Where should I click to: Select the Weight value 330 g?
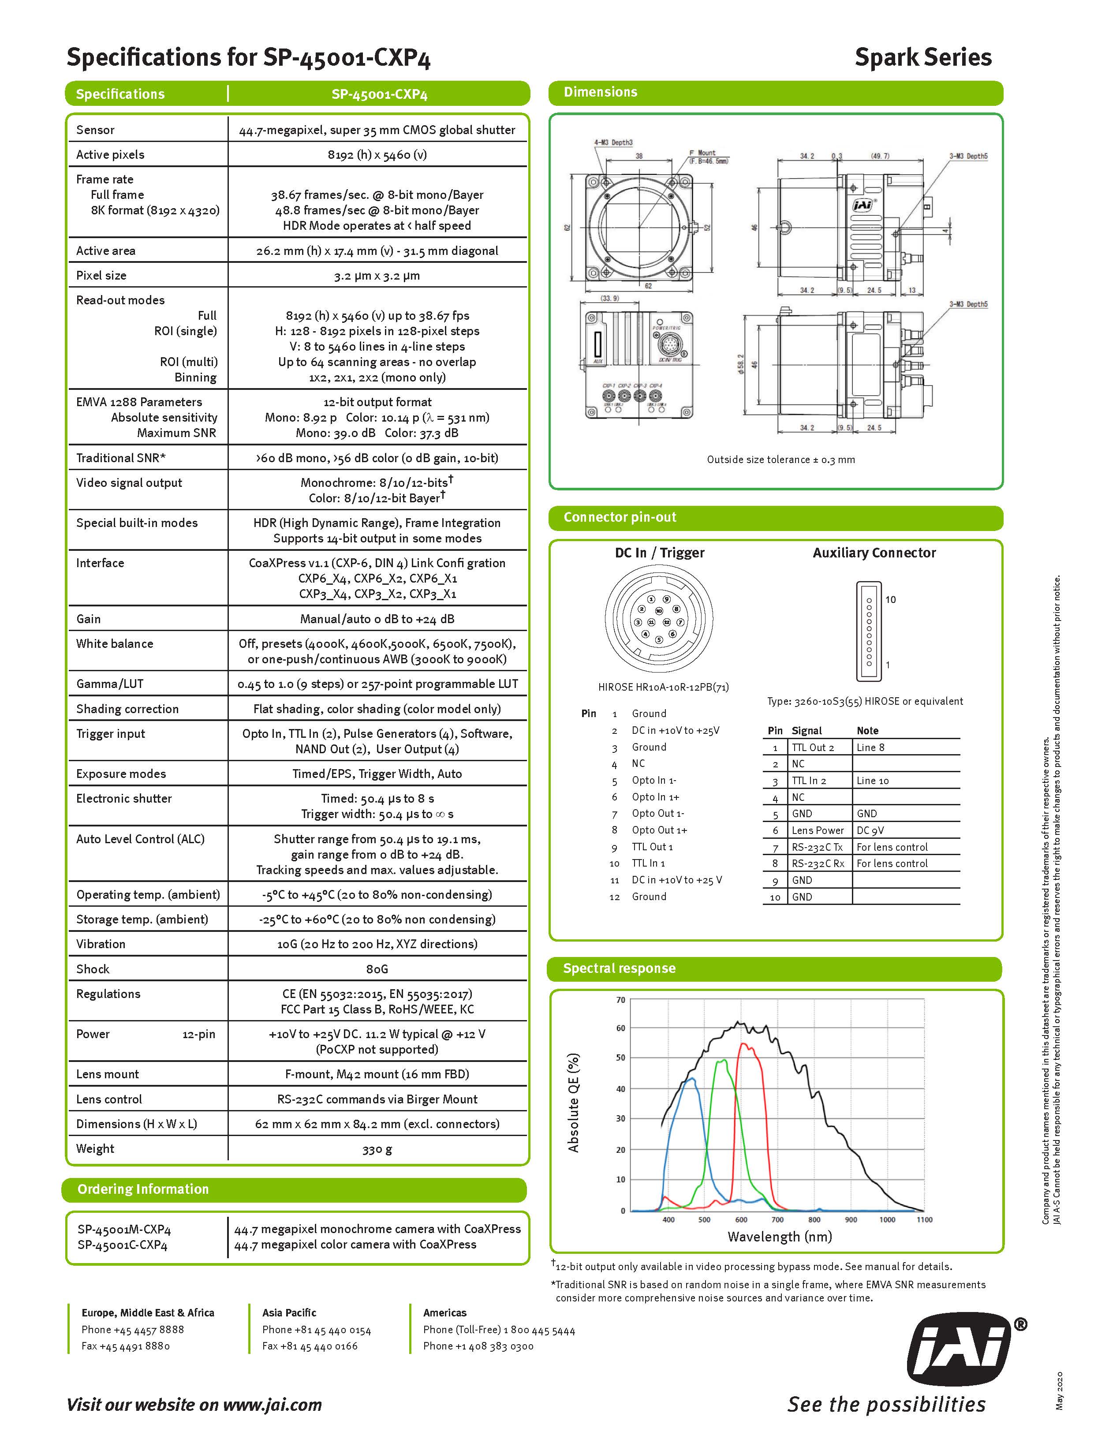pyautogui.click(x=377, y=1149)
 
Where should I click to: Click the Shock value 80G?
pyautogui.click(x=377, y=969)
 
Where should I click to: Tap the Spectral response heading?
pyautogui.click(x=619, y=968)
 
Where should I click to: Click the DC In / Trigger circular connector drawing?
pyautogui.click(x=659, y=617)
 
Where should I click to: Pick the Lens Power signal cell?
pyautogui.click(x=818, y=830)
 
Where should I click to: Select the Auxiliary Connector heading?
pyautogui.click(x=874, y=553)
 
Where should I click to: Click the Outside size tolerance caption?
pyautogui.click(x=780, y=459)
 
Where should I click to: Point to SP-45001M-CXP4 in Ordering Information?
pyautogui.click(x=124, y=1230)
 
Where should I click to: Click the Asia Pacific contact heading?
pyautogui.click(x=289, y=1312)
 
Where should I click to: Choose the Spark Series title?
pyautogui.click(x=922, y=57)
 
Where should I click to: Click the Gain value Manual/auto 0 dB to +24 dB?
pyautogui.click(x=377, y=618)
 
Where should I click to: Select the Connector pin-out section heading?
pyautogui.click(x=620, y=517)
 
